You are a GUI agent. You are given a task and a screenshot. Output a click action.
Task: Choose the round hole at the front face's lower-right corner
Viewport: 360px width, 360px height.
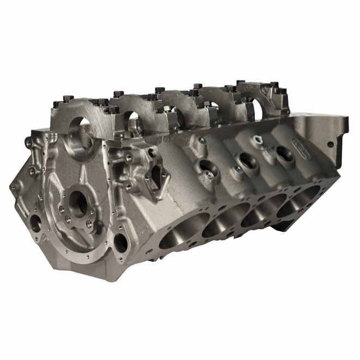click(120, 243)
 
